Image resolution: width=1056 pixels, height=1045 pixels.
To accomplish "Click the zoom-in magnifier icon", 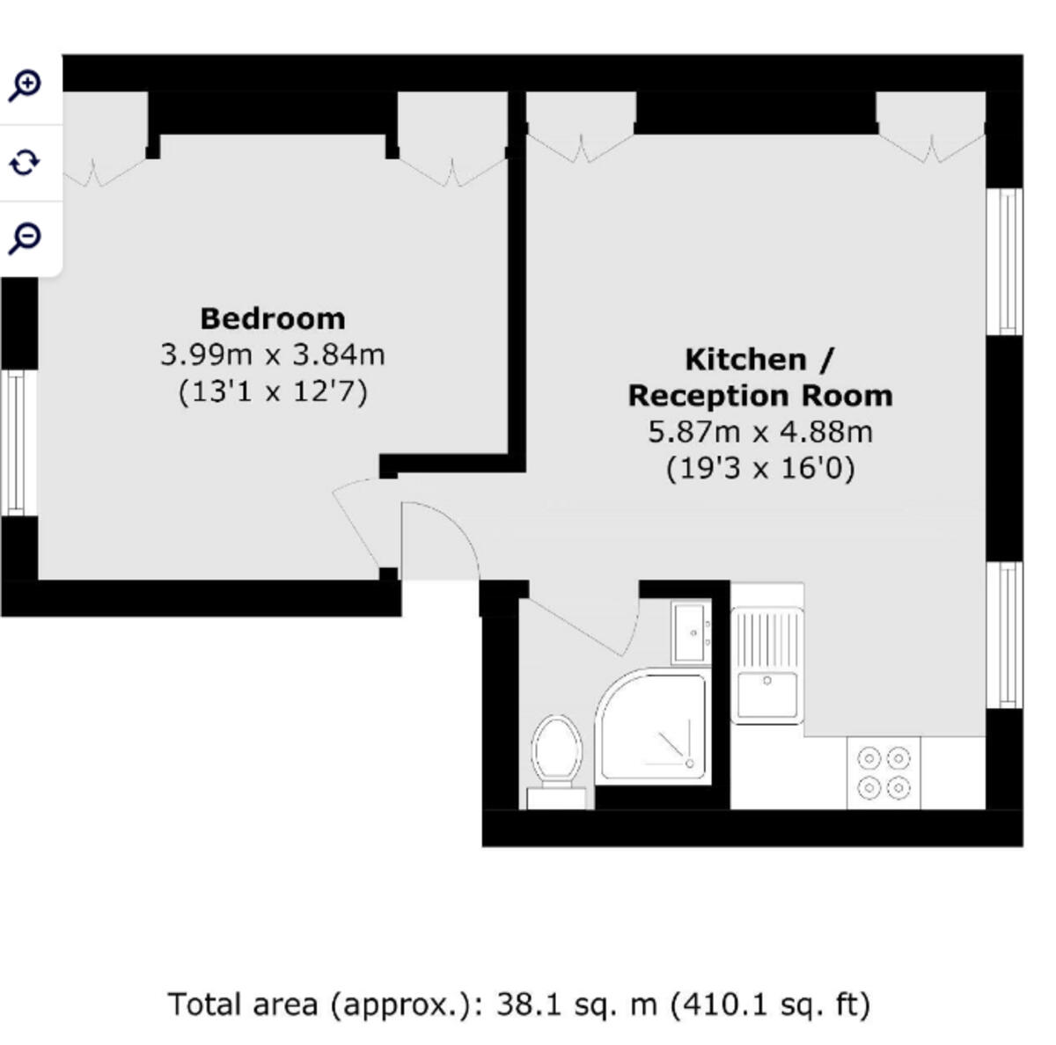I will pos(26,85).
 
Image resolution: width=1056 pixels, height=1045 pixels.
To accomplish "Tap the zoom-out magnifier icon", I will pos(26,237).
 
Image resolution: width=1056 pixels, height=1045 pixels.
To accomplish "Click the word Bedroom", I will pos(272,318).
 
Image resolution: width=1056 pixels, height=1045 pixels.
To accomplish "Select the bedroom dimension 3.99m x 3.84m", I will pos(272,354).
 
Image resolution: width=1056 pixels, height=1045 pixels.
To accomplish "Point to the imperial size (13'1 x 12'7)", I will pos(272,391).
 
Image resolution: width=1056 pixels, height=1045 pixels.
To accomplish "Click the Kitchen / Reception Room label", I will pos(759,377).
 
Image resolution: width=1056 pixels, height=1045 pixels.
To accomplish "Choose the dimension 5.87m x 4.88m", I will pos(759,432).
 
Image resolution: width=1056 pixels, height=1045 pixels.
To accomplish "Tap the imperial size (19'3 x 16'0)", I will pos(759,468).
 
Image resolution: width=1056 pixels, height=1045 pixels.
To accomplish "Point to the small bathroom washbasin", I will pos(691,632).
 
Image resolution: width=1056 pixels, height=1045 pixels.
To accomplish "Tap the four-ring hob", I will pos(884,772).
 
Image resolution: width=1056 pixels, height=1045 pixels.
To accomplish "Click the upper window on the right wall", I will pos(1004,261).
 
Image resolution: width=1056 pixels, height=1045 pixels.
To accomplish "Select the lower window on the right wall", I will pos(1004,634).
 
